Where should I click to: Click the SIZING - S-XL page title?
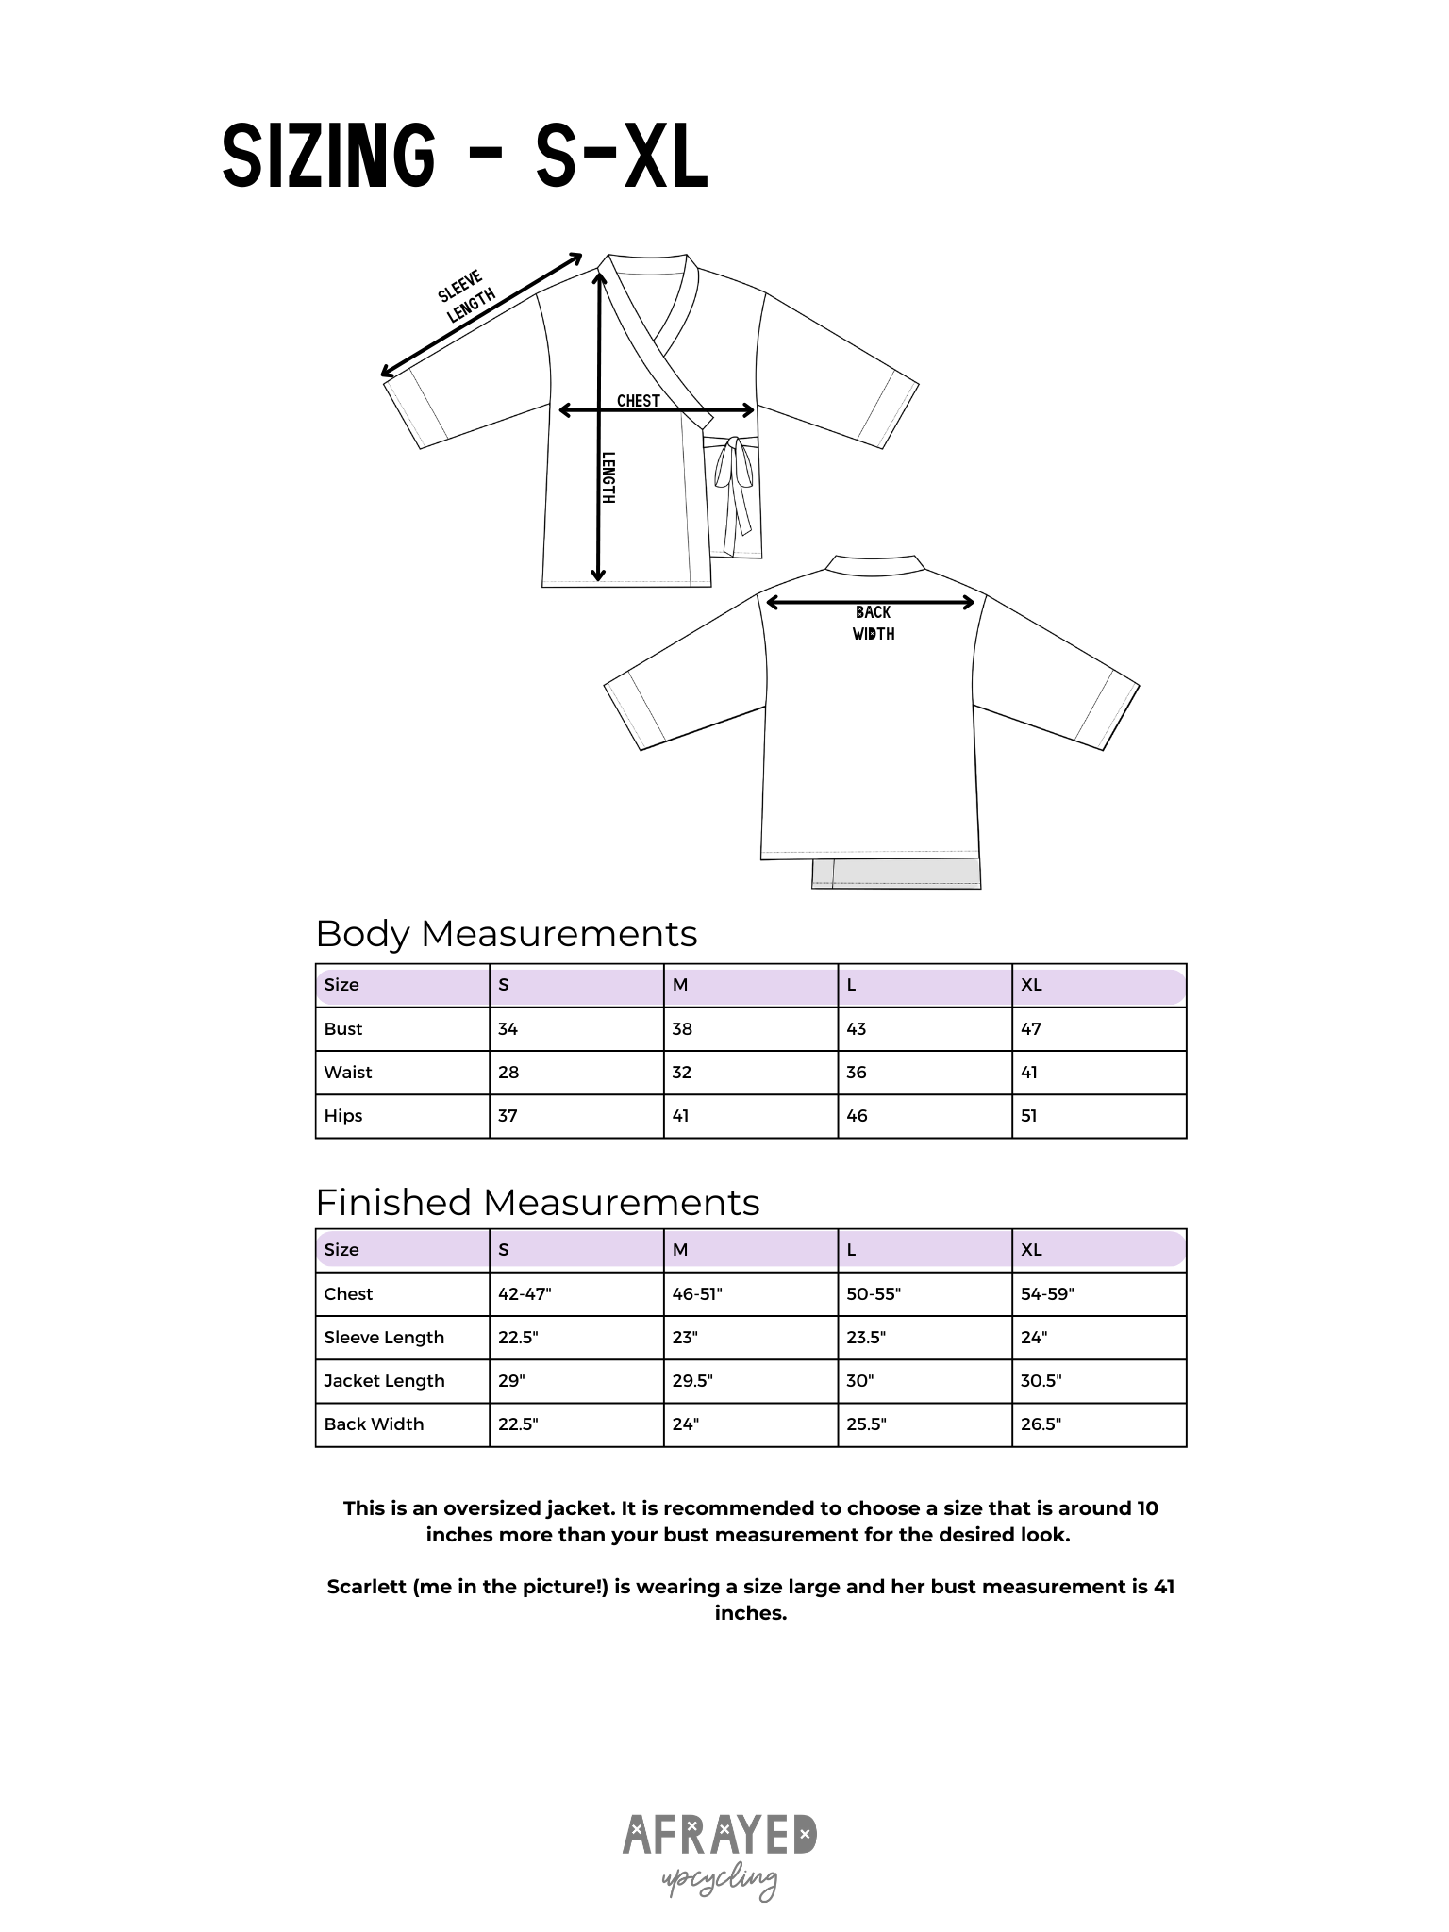(x=464, y=157)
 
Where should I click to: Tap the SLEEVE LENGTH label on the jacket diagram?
(x=466, y=296)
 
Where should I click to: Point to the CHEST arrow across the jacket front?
(x=657, y=410)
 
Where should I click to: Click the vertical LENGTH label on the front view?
(x=608, y=476)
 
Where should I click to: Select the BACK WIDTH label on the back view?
(x=874, y=624)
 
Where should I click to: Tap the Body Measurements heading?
(x=506, y=934)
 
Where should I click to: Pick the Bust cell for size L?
(x=857, y=1029)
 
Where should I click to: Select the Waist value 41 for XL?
(x=1029, y=1073)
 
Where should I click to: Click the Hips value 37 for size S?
(x=508, y=1116)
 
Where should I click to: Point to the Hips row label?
(x=343, y=1116)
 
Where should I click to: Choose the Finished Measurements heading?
(x=537, y=1203)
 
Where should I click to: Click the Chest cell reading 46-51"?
(x=697, y=1294)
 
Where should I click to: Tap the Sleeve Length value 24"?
(x=1034, y=1338)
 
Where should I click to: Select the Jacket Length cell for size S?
(x=511, y=1381)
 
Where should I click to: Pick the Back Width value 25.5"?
(x=866, y=1424)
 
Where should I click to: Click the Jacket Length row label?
(x=384, y=1381)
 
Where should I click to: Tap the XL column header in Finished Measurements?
(x=1031, y=1250)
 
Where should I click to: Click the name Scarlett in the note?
(x=366, y=1587)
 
